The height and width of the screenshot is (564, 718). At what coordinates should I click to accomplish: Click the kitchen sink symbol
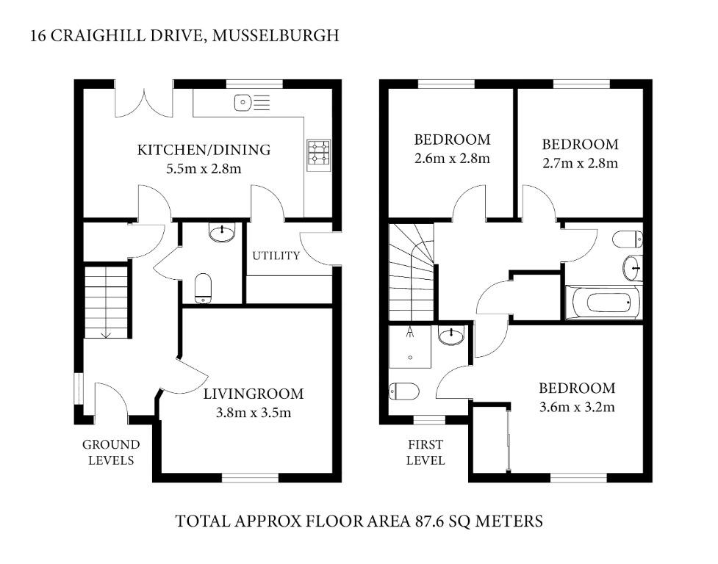coord(252,103)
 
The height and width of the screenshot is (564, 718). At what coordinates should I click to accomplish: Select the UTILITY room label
coord(276,256)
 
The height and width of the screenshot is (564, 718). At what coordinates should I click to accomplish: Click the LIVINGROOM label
coord(254,394)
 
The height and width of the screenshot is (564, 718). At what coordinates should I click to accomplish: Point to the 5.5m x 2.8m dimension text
coord(204,169)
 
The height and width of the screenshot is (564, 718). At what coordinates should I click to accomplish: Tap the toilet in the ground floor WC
coord(203,288)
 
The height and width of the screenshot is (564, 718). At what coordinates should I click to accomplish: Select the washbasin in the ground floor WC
coord(222,232)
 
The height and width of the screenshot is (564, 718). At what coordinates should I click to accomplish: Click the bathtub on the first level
coord(603,303)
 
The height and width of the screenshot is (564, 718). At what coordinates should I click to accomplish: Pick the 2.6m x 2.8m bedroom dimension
coord(453,159)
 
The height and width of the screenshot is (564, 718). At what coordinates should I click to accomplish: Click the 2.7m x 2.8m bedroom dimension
coord(580,163)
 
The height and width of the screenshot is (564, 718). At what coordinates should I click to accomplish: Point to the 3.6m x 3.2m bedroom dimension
coord(577,407)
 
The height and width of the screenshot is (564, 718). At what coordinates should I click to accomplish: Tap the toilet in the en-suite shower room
coord(404,391)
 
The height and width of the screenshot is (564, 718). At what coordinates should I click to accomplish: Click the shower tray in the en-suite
coord(410,347)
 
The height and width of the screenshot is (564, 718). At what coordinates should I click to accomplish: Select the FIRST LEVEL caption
coord(426,452)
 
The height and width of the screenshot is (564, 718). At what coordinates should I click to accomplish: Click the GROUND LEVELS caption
coord(111,452)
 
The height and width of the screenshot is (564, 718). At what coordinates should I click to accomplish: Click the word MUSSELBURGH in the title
coord(276,35)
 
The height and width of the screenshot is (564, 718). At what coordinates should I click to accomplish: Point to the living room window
coord(250,478)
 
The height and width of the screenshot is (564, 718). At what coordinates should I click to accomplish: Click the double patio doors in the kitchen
coord(144,103)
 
